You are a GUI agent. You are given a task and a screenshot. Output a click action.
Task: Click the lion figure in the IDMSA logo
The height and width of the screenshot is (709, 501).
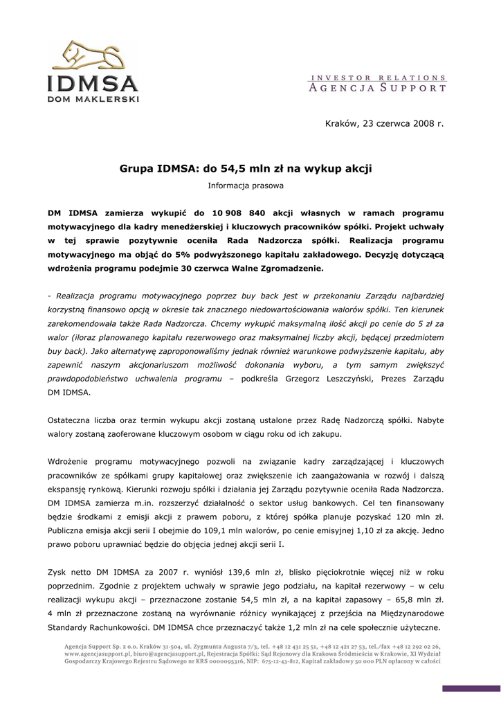(92, 56)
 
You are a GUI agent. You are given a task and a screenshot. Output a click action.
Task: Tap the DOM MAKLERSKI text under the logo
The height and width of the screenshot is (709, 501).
(93, 98)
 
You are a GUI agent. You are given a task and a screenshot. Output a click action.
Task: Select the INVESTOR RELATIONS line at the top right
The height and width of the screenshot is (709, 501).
(377, 78)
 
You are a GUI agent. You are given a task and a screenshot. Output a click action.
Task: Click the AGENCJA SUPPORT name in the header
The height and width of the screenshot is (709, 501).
(377, 88)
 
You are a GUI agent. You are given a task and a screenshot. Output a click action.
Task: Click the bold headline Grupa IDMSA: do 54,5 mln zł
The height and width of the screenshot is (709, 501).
(246, 168)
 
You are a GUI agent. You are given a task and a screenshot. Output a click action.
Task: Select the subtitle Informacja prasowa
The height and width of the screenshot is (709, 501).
(246, 185)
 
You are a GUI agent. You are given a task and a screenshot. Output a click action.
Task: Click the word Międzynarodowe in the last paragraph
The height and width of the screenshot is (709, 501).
(408, 614)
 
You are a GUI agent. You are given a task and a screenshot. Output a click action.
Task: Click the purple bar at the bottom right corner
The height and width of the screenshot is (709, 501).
(471, 688)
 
